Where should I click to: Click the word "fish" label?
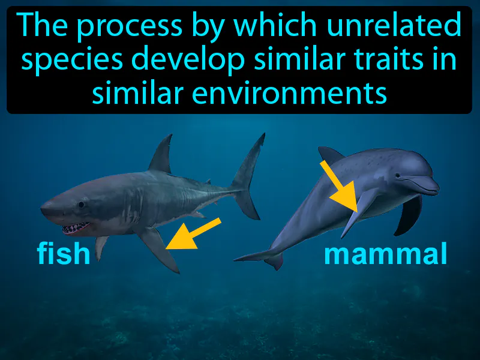point(64,254)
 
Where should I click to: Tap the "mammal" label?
point(385,254)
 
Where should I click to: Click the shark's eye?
point(80,204)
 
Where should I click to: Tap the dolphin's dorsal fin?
point(332,155)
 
